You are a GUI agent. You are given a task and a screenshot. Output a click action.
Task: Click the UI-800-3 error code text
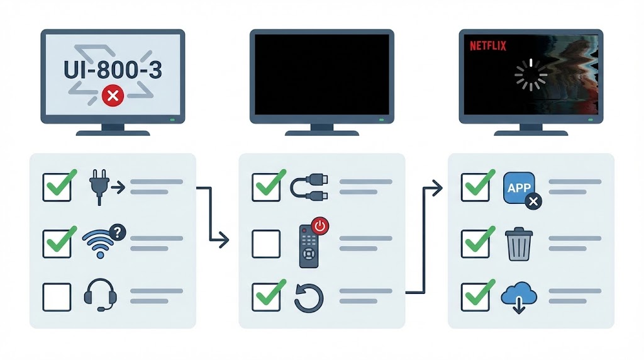coord(113,69)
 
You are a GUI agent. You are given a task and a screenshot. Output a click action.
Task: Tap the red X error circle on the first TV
coord(113,96)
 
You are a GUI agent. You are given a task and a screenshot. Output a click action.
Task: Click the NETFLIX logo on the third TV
coord(488,45)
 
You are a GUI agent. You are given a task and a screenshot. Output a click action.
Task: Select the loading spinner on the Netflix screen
coord(531,75)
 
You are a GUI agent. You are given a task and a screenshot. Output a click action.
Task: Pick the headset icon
coord(100,295)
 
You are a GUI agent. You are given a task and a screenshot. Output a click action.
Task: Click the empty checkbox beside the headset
coord(57,296)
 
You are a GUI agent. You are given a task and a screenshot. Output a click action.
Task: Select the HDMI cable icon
coord(309,187)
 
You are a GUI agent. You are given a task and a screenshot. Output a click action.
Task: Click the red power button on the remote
coord(320,226)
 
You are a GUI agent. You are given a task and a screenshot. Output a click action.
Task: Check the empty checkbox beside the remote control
coord(266,244)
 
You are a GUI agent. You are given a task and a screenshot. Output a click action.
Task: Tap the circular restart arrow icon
coord(309,298)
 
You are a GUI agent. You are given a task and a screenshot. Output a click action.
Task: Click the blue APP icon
coord(519,188)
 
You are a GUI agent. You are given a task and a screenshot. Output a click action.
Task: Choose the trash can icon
coord(519,244)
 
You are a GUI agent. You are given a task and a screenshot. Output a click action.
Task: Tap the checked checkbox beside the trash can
coord(475,244)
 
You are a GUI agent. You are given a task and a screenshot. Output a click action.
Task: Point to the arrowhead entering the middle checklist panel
coord(224,240)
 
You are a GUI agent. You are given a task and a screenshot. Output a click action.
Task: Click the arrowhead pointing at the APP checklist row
coord(438,188)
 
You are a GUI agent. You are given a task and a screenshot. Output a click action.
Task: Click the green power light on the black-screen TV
coord(382,120)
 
